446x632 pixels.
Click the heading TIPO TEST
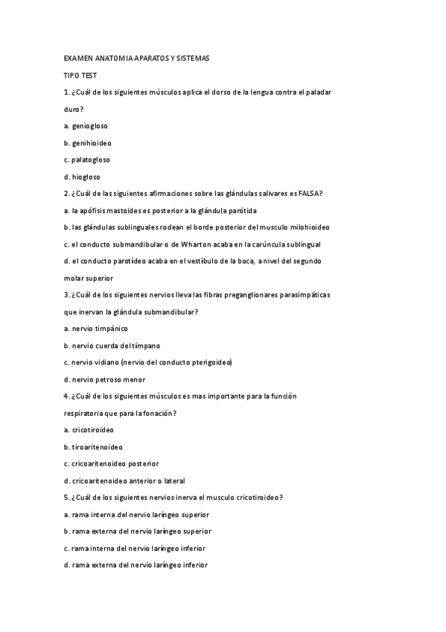(x=80, y=75)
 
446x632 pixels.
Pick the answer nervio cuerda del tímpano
(x=112, y=346)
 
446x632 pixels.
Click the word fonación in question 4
(x=161, y=413)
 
